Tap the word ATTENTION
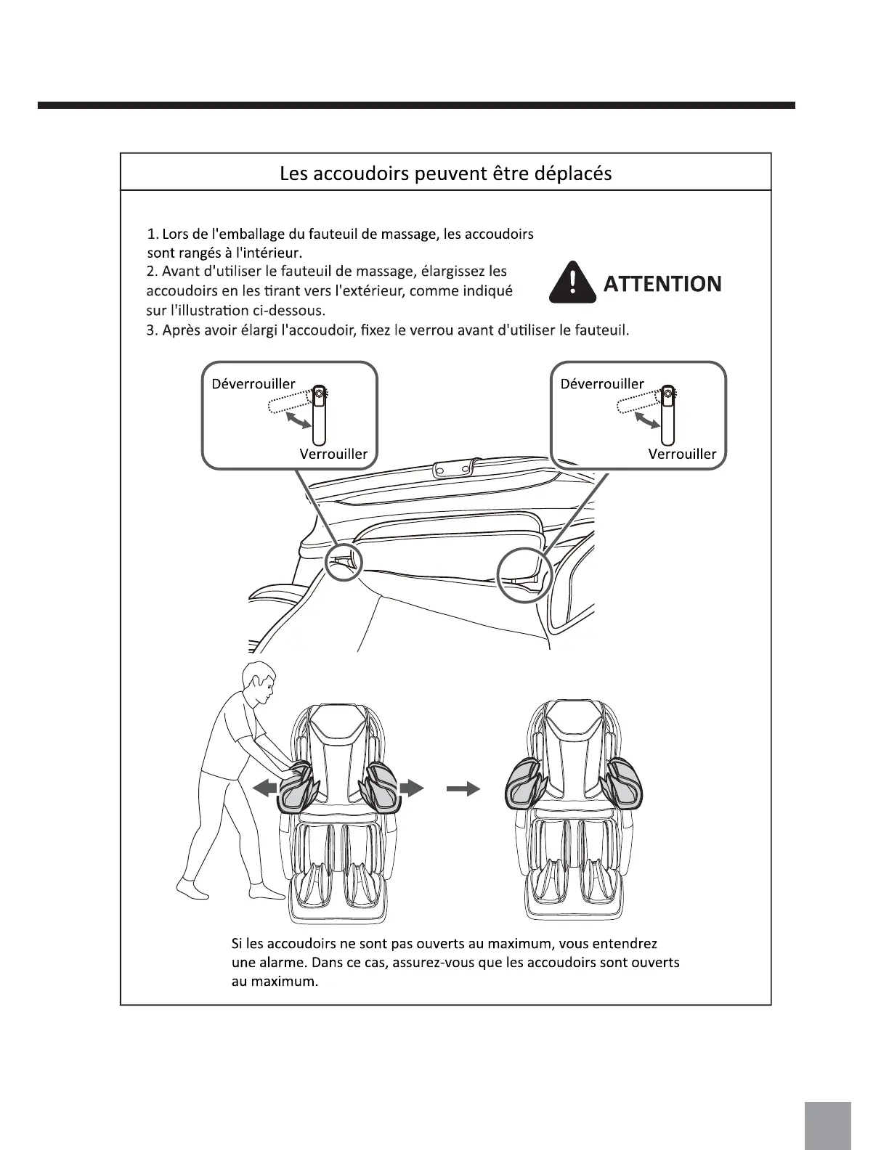coord(662,283)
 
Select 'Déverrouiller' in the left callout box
coord(253,383)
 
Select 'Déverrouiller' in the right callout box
coord(601,383)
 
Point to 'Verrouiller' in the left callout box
coord(333,454)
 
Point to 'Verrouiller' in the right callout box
coord(682,454)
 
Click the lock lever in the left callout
coord(318,417)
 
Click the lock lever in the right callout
coord(667,417)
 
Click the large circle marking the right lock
coord(525,574)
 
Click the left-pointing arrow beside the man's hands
coord(264,787)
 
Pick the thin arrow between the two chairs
coord(463,788)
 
